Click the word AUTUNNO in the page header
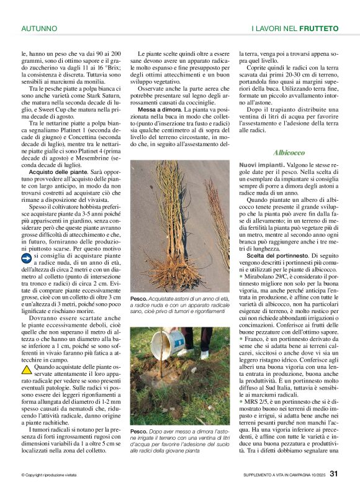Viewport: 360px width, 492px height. (39, 29)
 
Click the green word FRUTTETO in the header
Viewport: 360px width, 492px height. (318, 29)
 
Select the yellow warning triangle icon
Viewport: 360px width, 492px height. (26, 368)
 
